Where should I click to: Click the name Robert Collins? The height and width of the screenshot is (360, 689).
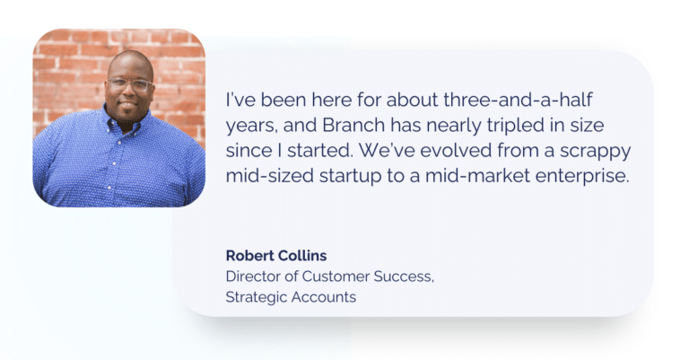click(275, 256)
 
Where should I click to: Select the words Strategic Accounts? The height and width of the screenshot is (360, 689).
click(291, 297)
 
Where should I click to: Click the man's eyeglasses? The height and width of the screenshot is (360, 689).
click(129, 85)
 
